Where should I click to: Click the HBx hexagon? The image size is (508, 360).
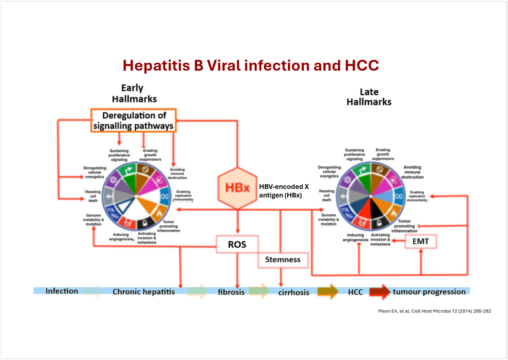(237, 188)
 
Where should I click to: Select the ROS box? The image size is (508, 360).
(237, 244)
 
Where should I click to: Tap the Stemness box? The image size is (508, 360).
(283, 260)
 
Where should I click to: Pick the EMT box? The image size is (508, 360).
(421, 241)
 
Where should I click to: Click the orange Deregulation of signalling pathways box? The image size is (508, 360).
(134, 121)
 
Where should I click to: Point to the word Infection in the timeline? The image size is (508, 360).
(62, 291)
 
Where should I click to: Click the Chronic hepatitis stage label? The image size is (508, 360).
(143, 292)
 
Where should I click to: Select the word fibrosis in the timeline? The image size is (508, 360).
(231, 292)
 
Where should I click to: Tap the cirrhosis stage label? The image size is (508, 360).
(293, 292)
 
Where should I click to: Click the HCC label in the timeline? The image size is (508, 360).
(355, 292)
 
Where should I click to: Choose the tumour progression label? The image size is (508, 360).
(429, 292)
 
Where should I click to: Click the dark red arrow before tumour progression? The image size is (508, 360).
(379, 292)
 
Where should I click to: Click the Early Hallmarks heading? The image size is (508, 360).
(134, 93)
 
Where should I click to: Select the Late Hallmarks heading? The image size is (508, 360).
(369, 97)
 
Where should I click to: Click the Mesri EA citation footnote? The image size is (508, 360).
(435, 311)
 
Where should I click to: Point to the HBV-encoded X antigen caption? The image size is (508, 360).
(284, 191)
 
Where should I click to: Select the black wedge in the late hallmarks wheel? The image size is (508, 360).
(376, 208)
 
